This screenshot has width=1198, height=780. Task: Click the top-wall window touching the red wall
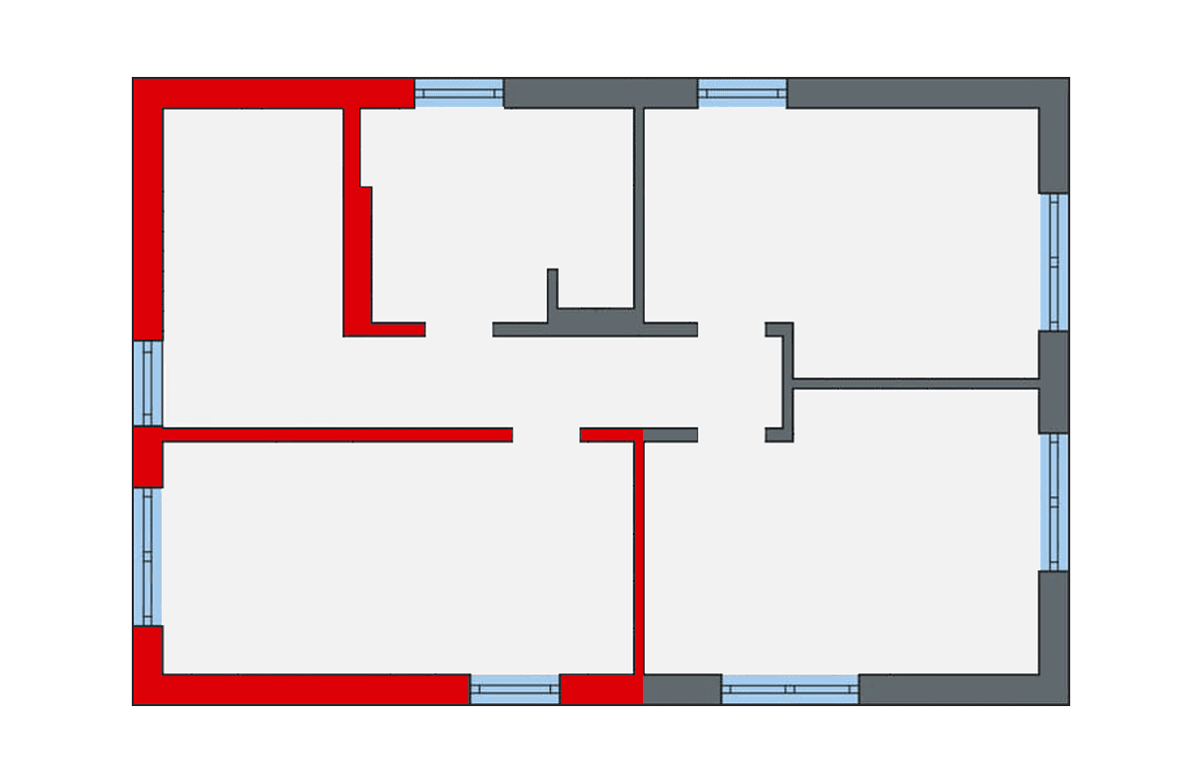(x=458, y=93)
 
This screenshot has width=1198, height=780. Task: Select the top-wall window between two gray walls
(x=742, y=93)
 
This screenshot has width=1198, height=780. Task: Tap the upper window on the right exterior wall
(x=1054, y=262)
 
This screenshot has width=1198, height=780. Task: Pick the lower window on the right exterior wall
(x=1054, y=501)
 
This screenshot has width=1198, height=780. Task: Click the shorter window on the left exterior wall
(x=148, y=384)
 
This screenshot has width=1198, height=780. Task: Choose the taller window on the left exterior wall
(x=148, y=556)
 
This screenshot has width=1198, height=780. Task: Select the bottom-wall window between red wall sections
(x=514, y=689)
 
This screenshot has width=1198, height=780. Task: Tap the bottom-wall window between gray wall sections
(x=790, y=689)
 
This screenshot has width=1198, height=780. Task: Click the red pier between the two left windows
(x=148, y=457)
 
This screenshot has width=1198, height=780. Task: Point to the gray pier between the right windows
(x=1054, y=382)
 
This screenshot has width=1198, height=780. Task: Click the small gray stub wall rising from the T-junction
(x=552, y=295)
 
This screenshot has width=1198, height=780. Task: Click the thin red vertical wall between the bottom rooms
(x=638, y=554)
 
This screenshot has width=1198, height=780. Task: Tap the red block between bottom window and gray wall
(x=600, y=689)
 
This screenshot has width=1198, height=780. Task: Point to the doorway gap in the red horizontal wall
(x=546, y=434)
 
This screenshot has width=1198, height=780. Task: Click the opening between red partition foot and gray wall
(x=459, y=330)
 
